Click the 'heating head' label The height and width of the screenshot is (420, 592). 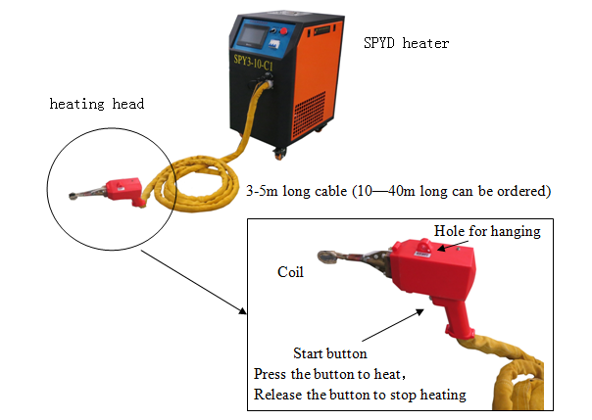[97, 104]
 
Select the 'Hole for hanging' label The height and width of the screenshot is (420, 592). [487, 231]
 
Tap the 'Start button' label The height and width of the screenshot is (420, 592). [330, 352]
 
